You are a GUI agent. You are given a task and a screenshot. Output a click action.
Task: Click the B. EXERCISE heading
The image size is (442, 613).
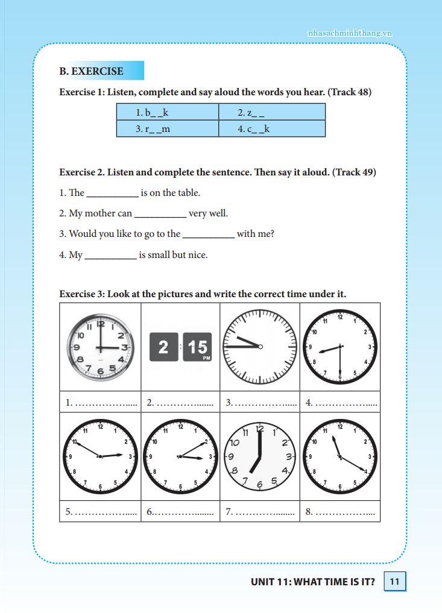(91, 71)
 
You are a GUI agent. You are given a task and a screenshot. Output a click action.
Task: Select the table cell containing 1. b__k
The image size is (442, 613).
(167, 112)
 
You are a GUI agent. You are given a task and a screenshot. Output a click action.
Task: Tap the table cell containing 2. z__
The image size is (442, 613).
(272, 112)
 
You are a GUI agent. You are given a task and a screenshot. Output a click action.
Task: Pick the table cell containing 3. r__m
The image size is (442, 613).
(167, 128)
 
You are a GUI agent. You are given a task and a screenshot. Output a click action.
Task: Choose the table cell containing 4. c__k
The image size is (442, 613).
(272, 128)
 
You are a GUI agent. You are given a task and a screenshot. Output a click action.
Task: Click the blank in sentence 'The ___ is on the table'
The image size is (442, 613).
(112, 194)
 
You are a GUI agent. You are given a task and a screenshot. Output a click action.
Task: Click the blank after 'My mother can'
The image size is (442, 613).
(160, 215)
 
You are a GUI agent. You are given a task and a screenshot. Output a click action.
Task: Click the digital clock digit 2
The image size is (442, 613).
(163, 347)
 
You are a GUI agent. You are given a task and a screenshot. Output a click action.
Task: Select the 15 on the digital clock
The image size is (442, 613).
(198, 347)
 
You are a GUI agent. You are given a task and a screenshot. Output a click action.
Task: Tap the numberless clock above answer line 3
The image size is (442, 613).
(259, 346)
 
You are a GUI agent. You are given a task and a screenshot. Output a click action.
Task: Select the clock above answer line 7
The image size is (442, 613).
(260, 456)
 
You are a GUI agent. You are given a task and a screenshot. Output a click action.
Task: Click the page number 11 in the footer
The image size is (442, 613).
(394, 582)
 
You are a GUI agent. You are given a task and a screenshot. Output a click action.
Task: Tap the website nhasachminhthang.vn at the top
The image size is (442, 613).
(349, 33)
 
